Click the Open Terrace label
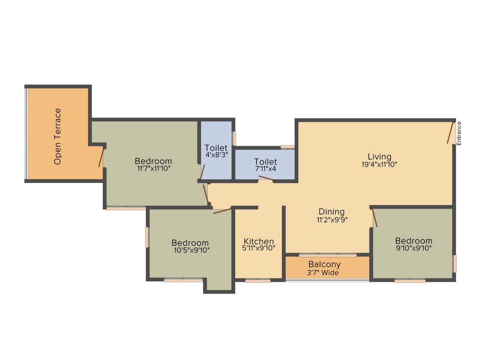click(58, 136)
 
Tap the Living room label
click(379, 157)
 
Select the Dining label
click(331, 212)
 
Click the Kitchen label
click(259, 242)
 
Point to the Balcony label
click(324, 264)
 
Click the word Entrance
click(459, 133)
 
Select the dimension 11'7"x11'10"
click(154, 169)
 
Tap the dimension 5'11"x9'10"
click(259, 248)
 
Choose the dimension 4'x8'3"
click(216, 155)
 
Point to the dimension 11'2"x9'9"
click(331, 219)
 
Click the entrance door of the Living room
click(451, 133)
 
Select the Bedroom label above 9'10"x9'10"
click(413, 241)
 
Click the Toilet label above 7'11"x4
click(265, 162)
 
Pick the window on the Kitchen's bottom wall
click(258, 281)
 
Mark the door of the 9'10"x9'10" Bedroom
click(375, 218)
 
